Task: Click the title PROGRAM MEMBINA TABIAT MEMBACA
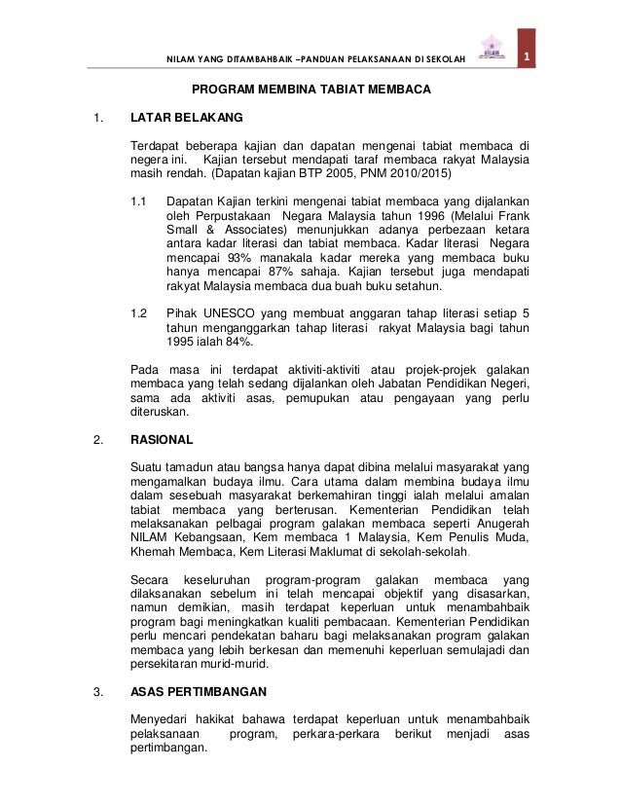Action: coord(310,90)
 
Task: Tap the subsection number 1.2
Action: coord(139,314)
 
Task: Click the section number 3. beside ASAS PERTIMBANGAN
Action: coord(97,694)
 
